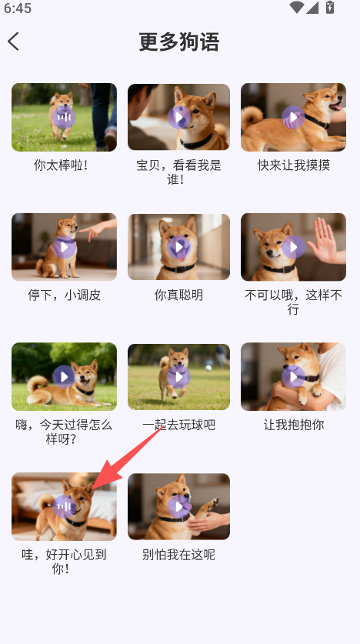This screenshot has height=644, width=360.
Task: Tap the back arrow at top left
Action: tap(13, 42)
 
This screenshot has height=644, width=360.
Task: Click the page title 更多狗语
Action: tap(179, 42)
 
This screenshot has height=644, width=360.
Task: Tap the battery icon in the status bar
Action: tap(330, 7)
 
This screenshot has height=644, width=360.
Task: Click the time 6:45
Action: tap(18, 8)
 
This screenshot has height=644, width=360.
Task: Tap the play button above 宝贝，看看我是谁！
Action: tap(179, 117)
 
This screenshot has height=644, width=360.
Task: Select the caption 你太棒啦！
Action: tap(61, 165)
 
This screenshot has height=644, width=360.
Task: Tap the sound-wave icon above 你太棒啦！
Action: tap(64, 117)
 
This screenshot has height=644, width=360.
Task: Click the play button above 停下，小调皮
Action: tap(64, 247)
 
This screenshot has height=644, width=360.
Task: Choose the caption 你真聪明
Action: tap(178, 295)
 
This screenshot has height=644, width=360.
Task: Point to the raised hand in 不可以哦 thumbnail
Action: tap(324, 241)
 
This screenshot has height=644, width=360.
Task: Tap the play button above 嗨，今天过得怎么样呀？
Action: tap(64, 376)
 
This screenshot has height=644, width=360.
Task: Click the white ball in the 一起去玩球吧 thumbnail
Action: tap(208, 368)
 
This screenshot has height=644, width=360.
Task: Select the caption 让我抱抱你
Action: tap(294, 425)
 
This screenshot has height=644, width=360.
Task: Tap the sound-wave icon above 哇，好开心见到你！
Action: tap(64, 506)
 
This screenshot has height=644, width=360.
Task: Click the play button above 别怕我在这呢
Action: tap(179, 506)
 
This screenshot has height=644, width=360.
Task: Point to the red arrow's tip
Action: tap(94, 489)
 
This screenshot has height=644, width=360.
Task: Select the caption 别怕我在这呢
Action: tap(178, 555)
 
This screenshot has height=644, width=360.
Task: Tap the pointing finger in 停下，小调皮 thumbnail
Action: tap(82, 230)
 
